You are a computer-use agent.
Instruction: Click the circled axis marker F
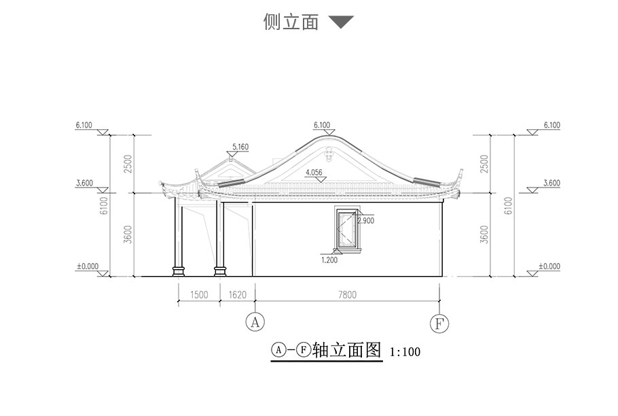point(439,322)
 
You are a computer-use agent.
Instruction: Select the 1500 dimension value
point(198,294)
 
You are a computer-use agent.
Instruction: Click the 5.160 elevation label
point(241,146)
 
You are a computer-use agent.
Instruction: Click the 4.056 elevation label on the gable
point(314,173)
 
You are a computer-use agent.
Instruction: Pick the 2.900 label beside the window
point(365,221)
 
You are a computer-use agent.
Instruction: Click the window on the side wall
point(347,230)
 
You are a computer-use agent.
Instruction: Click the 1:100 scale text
point(405,352)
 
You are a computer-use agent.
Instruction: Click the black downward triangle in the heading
point(341,22)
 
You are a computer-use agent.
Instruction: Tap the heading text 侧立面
point(291,22)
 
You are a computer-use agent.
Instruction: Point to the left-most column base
point(179,271)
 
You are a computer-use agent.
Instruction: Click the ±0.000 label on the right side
point(549,266)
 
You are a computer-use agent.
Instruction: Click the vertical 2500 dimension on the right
point(484,163)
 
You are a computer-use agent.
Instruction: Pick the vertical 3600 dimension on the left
point(128,235)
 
